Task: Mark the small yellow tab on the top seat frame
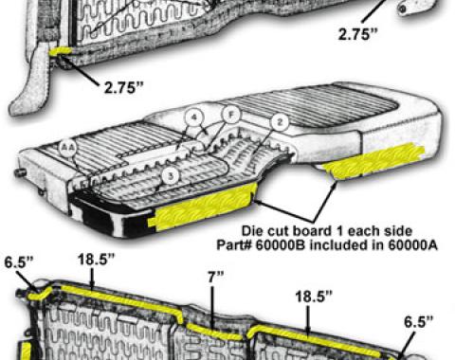tap(63, 54)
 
